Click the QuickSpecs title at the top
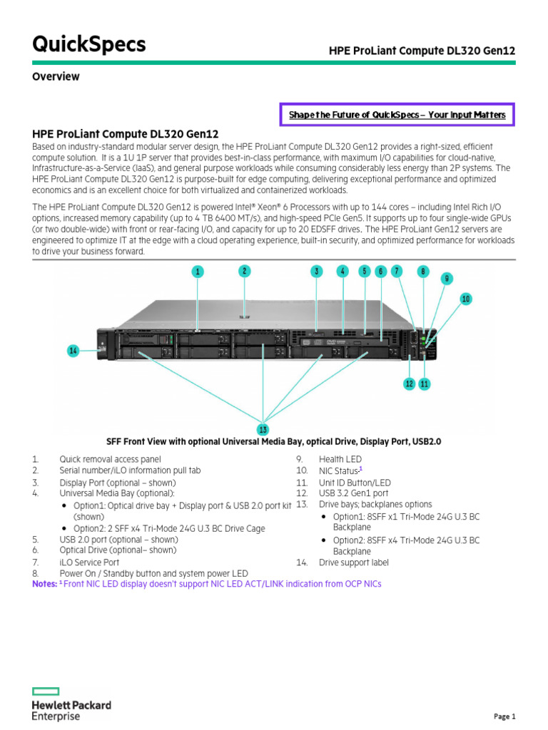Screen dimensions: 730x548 click(88, 44)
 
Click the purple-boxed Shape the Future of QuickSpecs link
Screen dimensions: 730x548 click(397, 115)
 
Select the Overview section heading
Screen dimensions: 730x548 click(56, 76)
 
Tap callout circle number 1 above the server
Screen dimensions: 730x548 click(198, 271)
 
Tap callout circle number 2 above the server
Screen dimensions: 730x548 click(244, 271)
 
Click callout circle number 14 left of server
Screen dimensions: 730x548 click(73, 350)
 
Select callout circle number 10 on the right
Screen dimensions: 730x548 click(465, 299)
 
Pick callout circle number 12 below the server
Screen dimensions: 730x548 click(409, 384)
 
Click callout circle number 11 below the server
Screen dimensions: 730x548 click(425, 384)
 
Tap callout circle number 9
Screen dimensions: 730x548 click(447, 279)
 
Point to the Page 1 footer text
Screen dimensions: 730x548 click(504, 716)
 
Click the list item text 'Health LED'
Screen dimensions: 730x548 click(340, 460)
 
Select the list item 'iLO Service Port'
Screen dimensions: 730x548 click(89, 562)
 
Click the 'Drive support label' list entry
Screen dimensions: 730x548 click(354, 562)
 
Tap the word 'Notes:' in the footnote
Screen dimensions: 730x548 click(44, 584)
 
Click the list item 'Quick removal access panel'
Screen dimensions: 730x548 click(110, 460)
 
